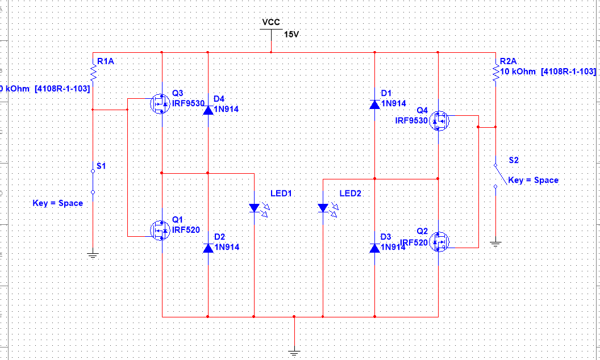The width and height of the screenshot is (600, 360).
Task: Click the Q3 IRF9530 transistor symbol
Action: (x=160, y=104)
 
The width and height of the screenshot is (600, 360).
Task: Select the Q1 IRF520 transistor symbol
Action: (x=160, y=230)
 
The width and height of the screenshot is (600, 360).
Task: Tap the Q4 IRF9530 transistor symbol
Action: (x=440, y=120)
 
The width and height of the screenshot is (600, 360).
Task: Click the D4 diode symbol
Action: (x=208, y=109)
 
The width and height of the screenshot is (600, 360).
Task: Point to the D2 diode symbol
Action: (x=208, y=248)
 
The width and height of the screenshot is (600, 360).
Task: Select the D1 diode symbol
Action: (x=375, y=104)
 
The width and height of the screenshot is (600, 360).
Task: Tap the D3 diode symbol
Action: (x=375, y=248)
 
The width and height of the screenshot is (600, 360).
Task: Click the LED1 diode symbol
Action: (x=254, y=208)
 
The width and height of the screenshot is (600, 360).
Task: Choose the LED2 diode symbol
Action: (x=323, y=208)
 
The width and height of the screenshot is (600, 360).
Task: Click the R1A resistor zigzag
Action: (x=93, y=73)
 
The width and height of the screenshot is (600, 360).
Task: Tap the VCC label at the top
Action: (x=271, y=22)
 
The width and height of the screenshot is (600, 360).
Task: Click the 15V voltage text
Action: (x=291, y=35)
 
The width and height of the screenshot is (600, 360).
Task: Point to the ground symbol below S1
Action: (x=93, y=255)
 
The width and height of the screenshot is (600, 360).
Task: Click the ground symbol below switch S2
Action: (x=495, y=243)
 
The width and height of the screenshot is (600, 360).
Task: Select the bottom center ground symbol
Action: (x=294, y=352)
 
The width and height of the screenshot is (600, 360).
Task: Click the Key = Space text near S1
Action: (x=58, y=203)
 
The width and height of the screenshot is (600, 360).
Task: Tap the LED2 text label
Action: (x=350, y=194)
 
